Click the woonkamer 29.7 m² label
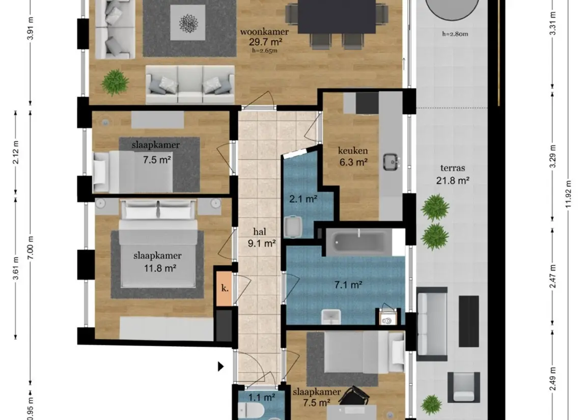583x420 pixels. click(x=264, y=37)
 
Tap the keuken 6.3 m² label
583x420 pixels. click(x=353, y=156)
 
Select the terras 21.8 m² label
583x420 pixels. click(x=453, y=174)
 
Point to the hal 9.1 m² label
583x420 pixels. click(x=261, y=238)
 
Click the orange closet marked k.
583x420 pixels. click(x=225, y=288)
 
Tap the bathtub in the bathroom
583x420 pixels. click(x=359, y=242)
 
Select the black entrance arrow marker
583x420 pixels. click(x=221, y=367)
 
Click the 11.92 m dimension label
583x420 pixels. click(x=568, y=195)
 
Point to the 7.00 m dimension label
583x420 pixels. click(x=31, y=248)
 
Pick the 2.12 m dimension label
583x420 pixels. click(x=16, y=152)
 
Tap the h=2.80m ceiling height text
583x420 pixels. click(x=455, y=34)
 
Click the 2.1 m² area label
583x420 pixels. click(x=303, y=199)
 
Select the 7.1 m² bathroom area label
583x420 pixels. click(x=348, y=285)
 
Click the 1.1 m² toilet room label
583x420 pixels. click(x=262, y=398)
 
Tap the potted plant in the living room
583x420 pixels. click(x=115, y=82)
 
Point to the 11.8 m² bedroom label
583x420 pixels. click(x=160, y=268)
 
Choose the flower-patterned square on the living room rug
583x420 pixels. click(x=188, y=23)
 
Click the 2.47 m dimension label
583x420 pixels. click(x=553, y=276)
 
